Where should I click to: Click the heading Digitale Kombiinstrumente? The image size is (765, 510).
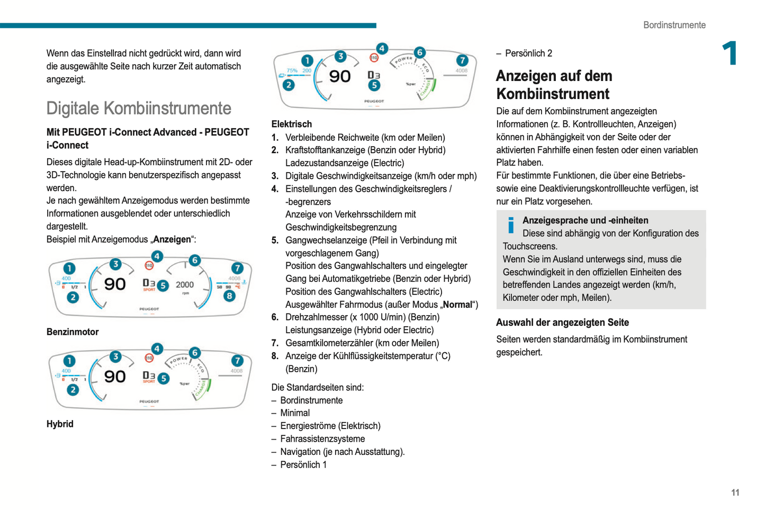pos(139,109)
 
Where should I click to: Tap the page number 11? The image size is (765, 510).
pos(735,493)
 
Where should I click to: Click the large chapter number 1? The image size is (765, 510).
pos(730,53)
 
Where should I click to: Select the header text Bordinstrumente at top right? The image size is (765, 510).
pos(674,25)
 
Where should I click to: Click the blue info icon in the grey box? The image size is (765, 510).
pos(510,225)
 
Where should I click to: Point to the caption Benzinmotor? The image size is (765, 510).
pos(73,332)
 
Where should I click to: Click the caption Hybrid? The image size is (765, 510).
pos(60,424)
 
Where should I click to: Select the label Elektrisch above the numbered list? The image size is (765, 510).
pos(291,124)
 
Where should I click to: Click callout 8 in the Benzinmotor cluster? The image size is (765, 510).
pos(229,296)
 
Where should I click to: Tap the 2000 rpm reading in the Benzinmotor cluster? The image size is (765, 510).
pos(185,285)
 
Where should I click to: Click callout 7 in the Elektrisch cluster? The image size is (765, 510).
pos(462,60)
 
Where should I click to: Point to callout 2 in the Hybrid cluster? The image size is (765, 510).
pos(73,390)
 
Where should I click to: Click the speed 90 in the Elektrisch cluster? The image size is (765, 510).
pos(340,76)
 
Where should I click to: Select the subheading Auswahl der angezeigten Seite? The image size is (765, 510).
pos(562,323)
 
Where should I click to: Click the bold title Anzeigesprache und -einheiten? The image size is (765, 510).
pos(585,220)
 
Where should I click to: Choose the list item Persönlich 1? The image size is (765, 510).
pos(303,465)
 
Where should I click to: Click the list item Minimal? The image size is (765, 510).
pos(295,413)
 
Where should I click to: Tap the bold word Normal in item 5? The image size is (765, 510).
pos(457,305)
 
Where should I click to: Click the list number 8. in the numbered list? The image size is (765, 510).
pos(275,356)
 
